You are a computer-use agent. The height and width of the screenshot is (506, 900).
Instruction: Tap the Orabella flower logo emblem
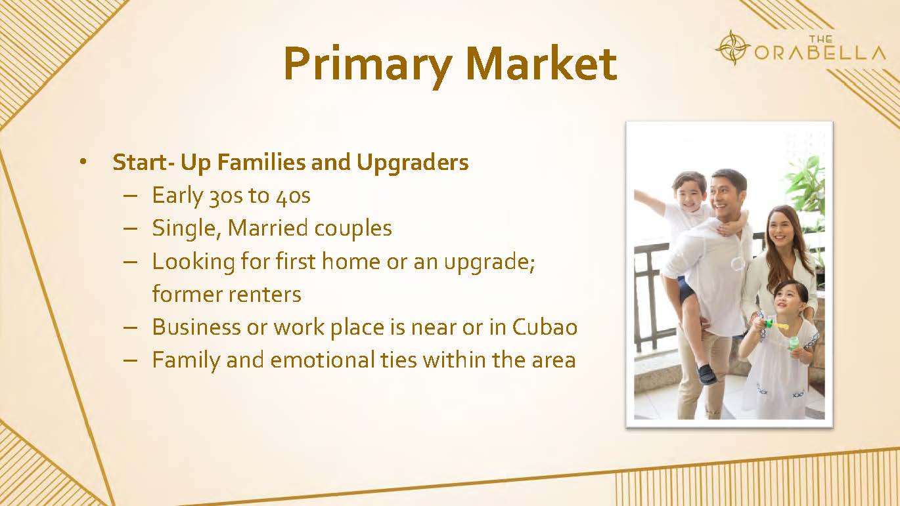(733, 47)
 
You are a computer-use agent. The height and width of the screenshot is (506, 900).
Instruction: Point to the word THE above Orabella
(821, 39)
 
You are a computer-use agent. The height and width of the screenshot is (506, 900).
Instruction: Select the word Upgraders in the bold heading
(413, 163)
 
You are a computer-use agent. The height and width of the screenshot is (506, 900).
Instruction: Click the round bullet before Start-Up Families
(83, 162)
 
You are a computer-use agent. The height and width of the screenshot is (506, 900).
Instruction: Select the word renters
(264, 294)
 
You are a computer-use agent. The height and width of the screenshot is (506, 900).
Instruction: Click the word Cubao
(545, 327)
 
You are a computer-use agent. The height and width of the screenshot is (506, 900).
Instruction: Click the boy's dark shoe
(706, 374)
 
